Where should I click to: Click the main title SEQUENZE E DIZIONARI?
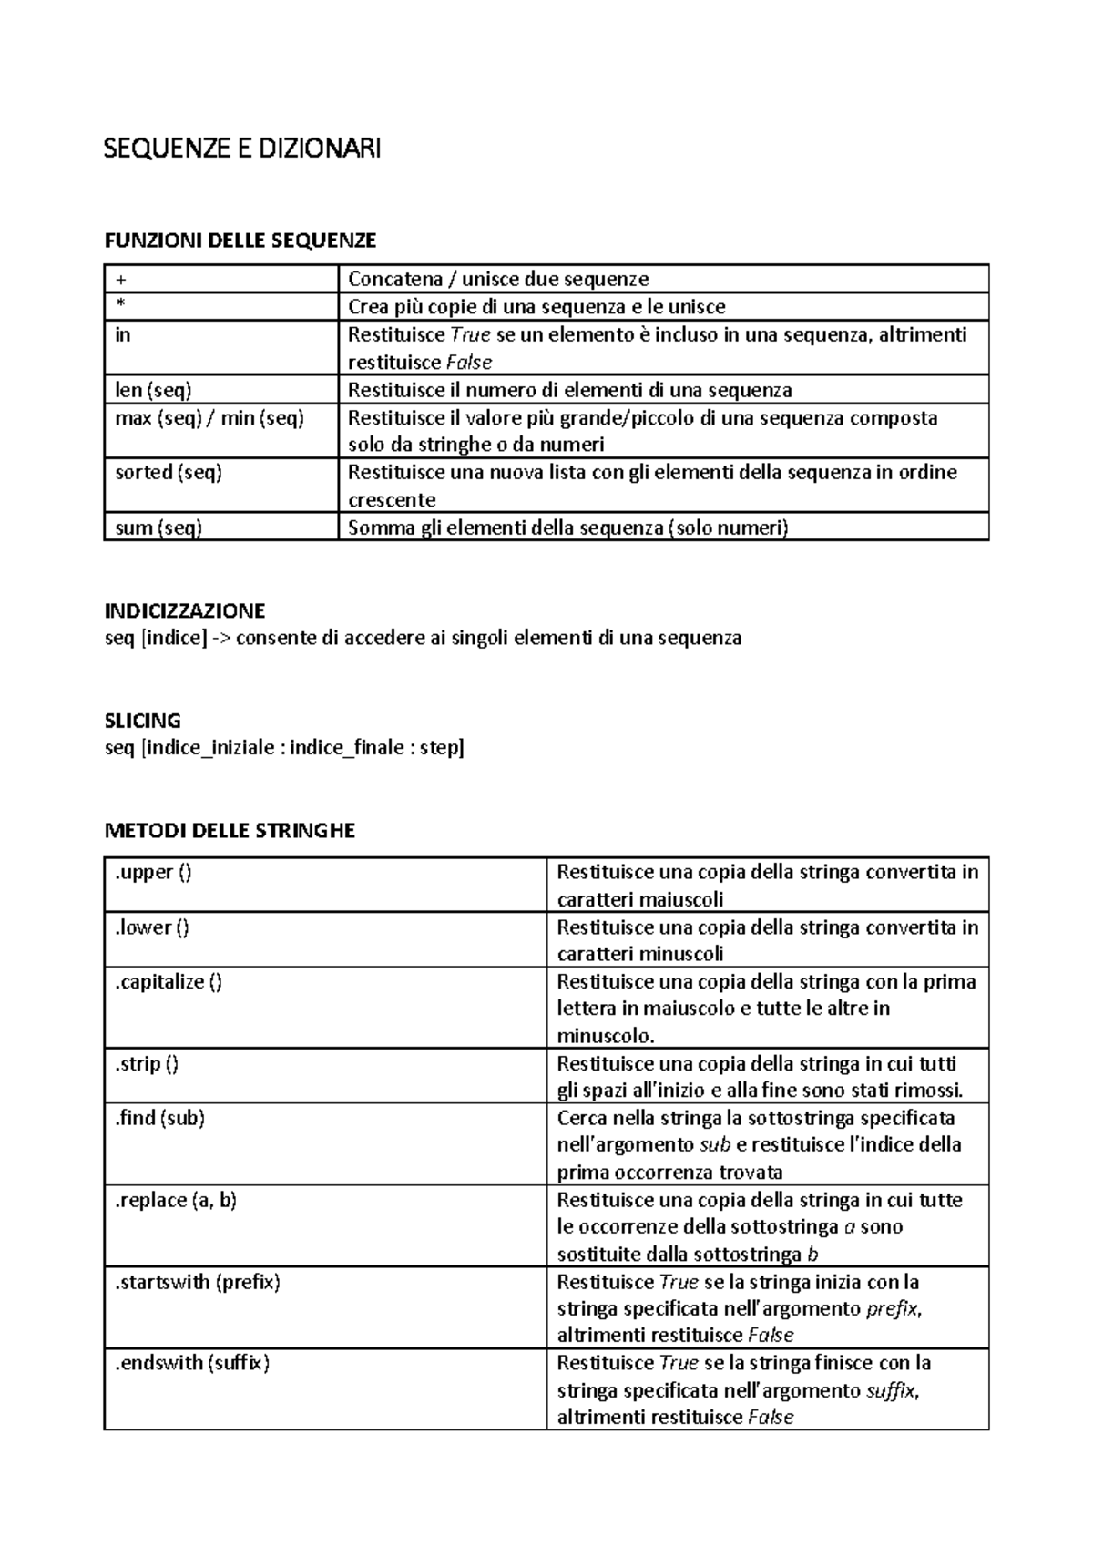(242, 148)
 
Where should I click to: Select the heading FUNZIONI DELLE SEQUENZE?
(240, 241)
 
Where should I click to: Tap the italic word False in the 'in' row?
(468, 363)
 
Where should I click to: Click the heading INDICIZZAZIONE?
(185, 610)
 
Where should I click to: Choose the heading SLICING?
(143, 721)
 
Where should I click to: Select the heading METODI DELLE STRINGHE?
(230, 831)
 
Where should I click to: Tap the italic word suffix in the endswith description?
(891, 1390)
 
